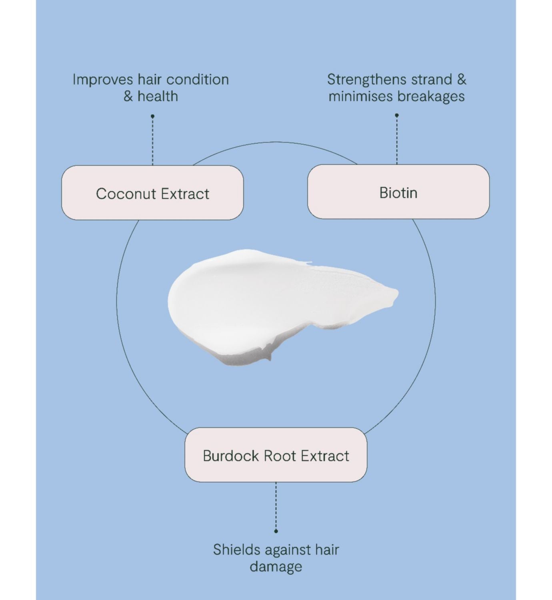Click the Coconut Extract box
(x=152, y=193)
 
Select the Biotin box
(x=398, y=192)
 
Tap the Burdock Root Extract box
(x=276, y=455)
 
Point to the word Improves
(x=103, y=80)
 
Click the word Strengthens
(x=366, y=80)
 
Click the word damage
(x=276, y=567)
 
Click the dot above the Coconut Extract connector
(x=152, y=116)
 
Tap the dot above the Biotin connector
(x=397, y=115)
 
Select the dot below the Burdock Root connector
(x=276, y=531)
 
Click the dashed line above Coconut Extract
(x=152, y=140)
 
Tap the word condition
(x=198, y=80)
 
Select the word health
(x=158, y=96)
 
